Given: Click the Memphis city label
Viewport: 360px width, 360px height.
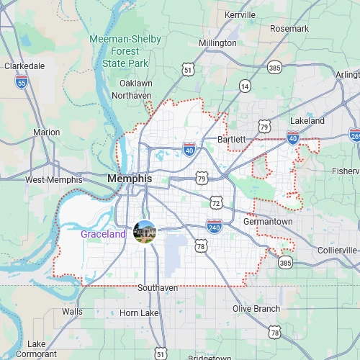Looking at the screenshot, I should (130, 178).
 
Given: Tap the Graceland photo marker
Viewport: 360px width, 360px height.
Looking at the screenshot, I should (145, 232).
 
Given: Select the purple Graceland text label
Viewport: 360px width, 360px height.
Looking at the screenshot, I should (103, 234).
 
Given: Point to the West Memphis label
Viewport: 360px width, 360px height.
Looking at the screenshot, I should (54, 180).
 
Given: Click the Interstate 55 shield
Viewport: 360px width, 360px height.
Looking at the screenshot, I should (22, 83).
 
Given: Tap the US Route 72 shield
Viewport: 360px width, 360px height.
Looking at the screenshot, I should (216, 200).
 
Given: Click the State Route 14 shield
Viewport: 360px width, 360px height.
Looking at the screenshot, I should (246, 86).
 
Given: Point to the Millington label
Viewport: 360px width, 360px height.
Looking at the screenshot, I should (217, 43).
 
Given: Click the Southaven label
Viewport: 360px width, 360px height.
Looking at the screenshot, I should (158, 288).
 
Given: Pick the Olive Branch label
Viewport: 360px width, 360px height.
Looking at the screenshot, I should (256, 309).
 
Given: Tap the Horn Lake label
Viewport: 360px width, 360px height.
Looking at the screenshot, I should (139, 313).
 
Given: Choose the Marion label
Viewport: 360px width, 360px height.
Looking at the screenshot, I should (47, 132).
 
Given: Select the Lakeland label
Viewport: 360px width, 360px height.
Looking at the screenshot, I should (307, 121).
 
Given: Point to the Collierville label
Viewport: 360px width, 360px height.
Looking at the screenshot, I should (338, 250).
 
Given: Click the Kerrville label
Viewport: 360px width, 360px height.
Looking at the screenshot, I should (240, 14).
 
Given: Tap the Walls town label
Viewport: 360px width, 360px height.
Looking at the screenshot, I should (72, 312).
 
